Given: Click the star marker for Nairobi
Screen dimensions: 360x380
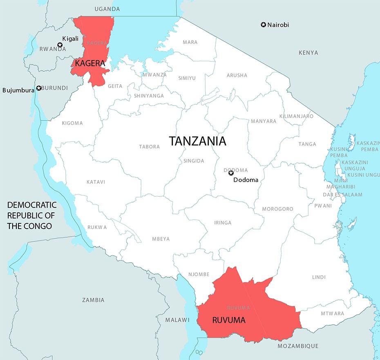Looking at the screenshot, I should coord(264,25).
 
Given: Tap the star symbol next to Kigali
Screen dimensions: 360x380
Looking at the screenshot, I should coord(60,45).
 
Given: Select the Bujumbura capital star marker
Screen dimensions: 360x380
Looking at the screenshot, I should coord(39,88).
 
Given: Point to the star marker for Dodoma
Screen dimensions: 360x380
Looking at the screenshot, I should coord(231,173).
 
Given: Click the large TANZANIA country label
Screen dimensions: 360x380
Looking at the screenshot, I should coord(198,142).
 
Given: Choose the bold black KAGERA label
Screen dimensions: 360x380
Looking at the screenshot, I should coord(89,64).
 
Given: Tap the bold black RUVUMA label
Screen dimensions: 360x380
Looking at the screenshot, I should coord(229,320).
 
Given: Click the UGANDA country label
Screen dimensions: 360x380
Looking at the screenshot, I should coord(107,9).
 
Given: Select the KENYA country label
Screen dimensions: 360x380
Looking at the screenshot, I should coord(308,53).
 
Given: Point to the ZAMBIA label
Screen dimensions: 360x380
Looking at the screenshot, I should coord(93,300).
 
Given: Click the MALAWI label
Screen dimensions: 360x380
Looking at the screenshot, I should coord(177,320).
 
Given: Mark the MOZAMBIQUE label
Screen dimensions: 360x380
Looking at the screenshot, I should coord(298,346).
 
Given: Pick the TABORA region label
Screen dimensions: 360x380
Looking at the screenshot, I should coord(149,146).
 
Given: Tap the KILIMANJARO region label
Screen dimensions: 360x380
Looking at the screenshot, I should coord(296,116).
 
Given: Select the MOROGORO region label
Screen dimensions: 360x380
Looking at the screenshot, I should coord(278,209).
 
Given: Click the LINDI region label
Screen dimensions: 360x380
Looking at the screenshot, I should coord(319,277).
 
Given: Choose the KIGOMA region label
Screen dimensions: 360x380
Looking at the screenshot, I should coord(72,123).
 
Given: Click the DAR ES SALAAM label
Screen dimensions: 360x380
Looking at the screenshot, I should coord(342,195).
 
